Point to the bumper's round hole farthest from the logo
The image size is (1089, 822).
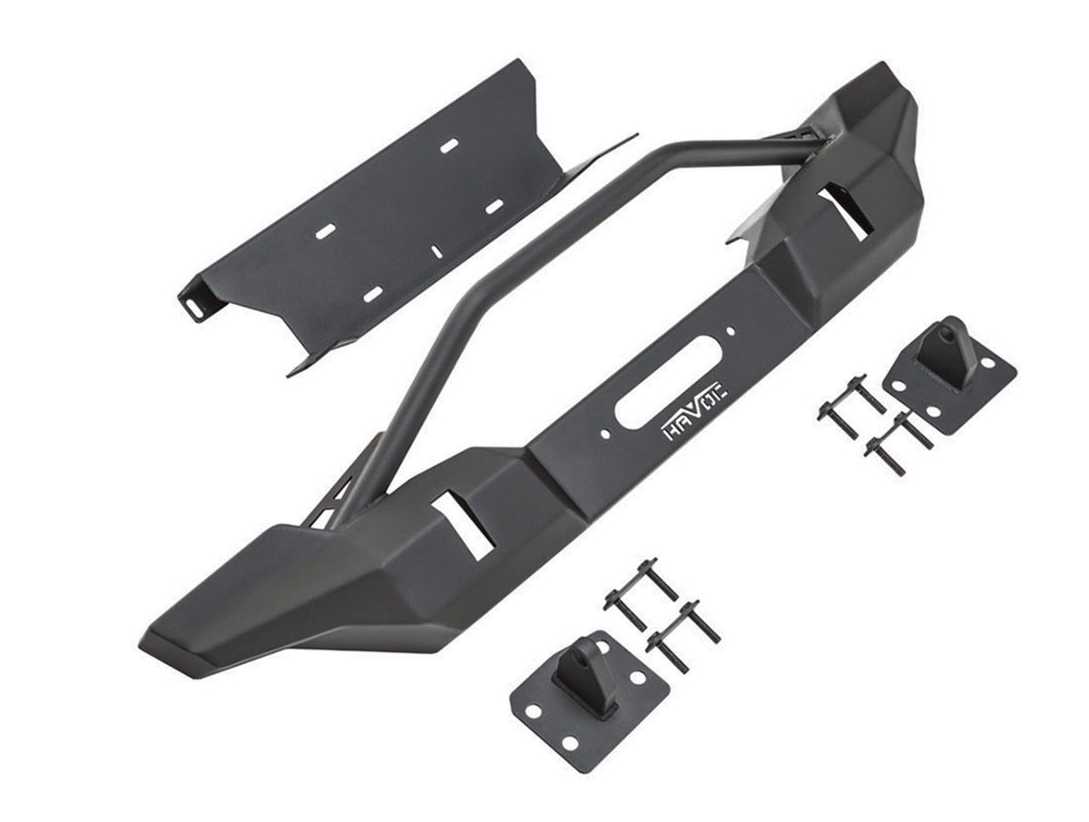point(731,330)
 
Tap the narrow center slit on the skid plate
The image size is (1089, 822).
point(437,251)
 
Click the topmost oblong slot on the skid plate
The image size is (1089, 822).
point(448,146)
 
